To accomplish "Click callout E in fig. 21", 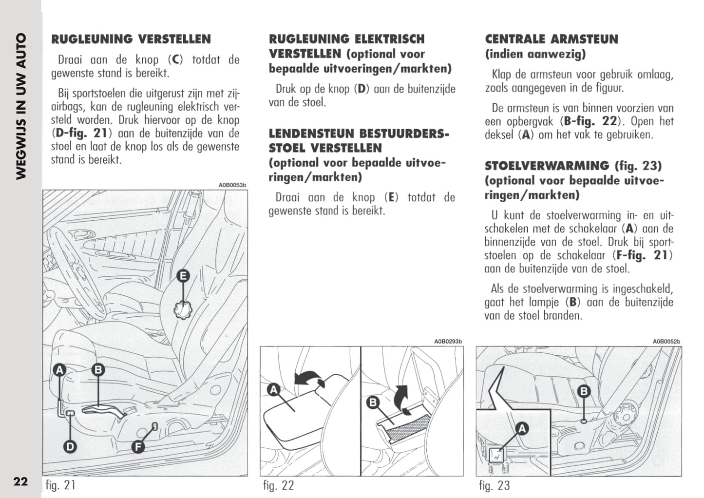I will pyautogui.click(x=183, y=276).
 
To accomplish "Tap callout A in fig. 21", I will pyautogui.click(x=59, y=370).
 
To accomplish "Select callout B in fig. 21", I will pyautogui.click(x=98, y=370).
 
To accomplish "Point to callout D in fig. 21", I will pyautogui.click(x=71, y=446).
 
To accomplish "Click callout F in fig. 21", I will pyautogui.click(x=139, y=446).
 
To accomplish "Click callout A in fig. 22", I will pyautogui.click(x=274, y=390).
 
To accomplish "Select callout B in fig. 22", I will pyautogui.click(x=373, y=402).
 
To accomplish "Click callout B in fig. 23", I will pyautogui.click(x=584, y=391).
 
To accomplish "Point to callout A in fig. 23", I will pyautogui.click(x=522, y=429).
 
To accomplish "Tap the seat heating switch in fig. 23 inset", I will pyautogui.click(x=496, y=456).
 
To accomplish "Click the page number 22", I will pyautogui.click(x=20, y=482).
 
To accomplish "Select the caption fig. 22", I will pyautogui.click(x=278, y=485).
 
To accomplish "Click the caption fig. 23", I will pyautogui.click(x=494, y=485).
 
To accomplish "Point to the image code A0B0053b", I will pyautogui.click(x=232, y=185).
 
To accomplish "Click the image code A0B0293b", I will pyautogui.click(x=448, y=342).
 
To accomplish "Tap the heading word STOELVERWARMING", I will pyautogui.click(x=547, y=166).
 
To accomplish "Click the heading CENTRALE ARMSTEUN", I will pyautogui.click(x=552, y=39).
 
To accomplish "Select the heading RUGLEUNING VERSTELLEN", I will pyautogui.click(x=131, y=39).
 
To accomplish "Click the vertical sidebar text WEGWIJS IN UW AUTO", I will pyautogui.click(x=21, y=106).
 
